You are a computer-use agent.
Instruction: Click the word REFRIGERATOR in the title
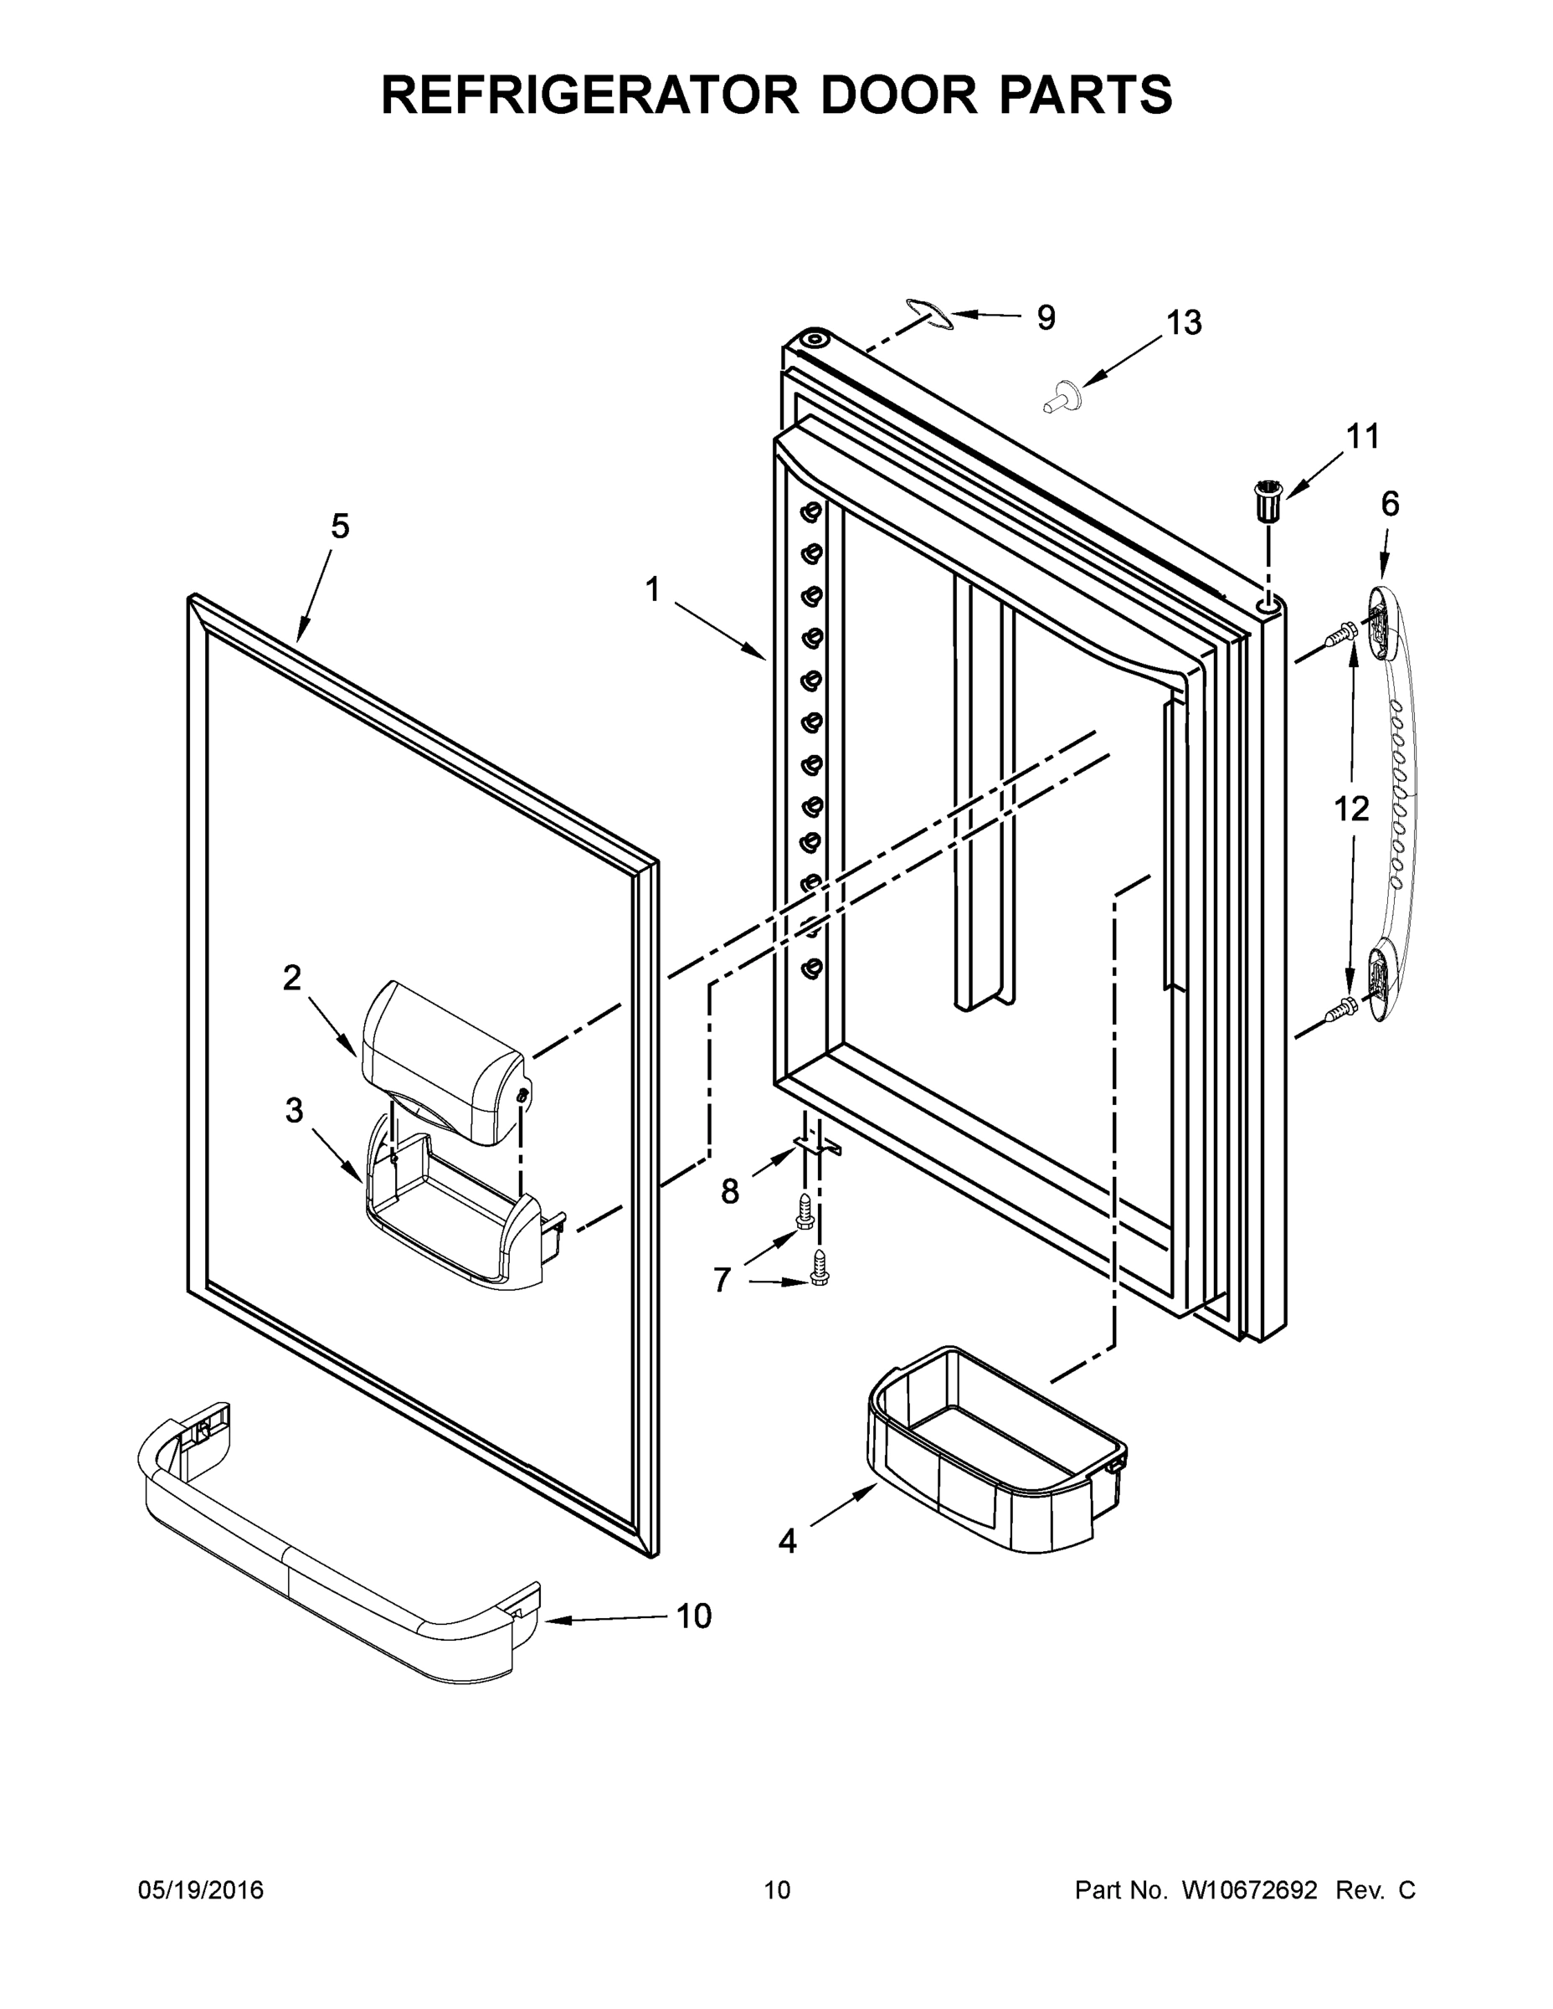click(589, 95)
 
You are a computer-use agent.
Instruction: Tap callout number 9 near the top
click(1046, 317)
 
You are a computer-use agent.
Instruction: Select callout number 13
click(1184, 323)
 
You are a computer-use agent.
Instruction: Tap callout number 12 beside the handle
click(1351, 809)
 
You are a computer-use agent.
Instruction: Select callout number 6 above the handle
click(1390, 504)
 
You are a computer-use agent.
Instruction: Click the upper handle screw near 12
click(1340, 634)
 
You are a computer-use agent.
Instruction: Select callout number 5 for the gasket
click(340, 527)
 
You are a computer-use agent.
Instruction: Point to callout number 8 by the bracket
click(729, 1192)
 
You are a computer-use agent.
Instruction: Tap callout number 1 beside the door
click(652, 589)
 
